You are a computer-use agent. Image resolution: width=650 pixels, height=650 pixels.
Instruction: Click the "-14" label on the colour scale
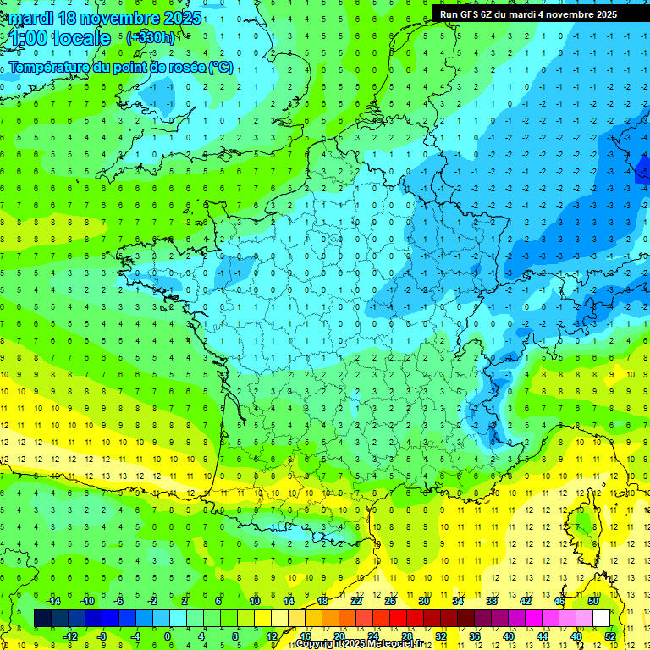(x=52, y=601)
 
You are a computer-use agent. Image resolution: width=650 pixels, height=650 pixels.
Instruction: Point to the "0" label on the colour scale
(x=168, y=636)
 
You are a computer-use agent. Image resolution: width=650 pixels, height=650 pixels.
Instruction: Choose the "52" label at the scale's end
(x=610, y=636)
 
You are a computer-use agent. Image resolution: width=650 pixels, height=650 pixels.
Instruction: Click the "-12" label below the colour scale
(x=71, y=636)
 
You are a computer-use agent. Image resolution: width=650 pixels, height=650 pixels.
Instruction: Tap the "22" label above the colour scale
(x=356, y=601)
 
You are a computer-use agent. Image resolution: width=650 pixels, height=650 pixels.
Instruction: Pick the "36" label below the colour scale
(x=475, y=636)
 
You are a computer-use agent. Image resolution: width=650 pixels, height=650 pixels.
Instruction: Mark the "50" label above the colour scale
(x=593, y=601)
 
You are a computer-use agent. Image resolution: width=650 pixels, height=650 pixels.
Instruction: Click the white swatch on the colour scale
(x=601, y=619)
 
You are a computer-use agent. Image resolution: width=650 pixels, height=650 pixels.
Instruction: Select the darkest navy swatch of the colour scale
(x=42, y=619)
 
